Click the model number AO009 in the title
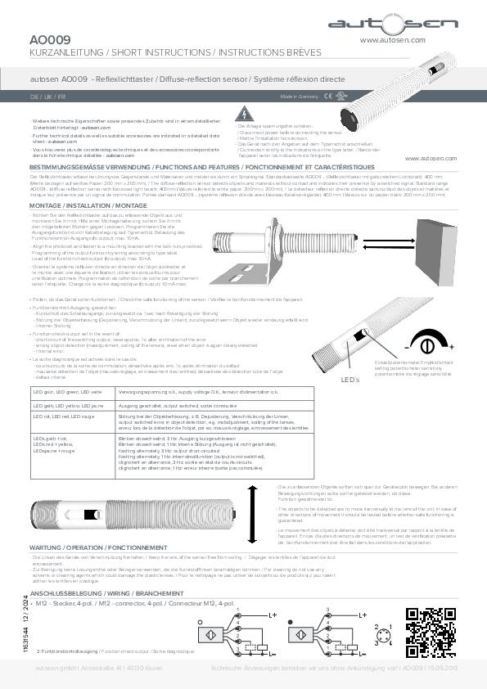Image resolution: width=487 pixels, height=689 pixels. tap(49, 38)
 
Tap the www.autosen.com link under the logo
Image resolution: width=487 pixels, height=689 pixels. tap(393, 38)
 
